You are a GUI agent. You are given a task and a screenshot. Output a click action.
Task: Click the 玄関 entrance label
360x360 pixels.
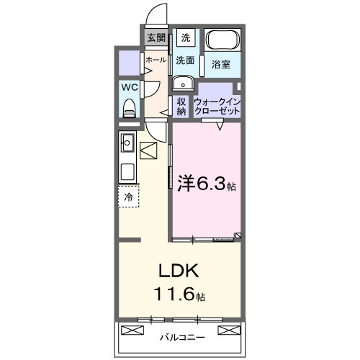(156, 38)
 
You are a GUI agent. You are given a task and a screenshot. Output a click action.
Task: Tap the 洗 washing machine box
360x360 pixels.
(186, 38)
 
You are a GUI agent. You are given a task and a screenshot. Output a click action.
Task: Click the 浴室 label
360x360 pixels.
(220, 65)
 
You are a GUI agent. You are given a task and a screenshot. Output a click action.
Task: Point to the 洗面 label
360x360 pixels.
(186, 60)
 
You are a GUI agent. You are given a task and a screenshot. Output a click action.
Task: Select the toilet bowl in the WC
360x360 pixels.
(130, 108)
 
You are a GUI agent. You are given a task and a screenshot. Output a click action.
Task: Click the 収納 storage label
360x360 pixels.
(181, 106)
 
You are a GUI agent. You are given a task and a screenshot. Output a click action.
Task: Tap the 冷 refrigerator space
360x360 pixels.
(128, 196)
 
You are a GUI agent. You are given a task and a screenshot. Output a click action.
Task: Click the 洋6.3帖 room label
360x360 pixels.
(206, 184)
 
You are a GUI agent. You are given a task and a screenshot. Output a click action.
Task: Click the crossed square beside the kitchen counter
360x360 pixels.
(149, 152)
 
